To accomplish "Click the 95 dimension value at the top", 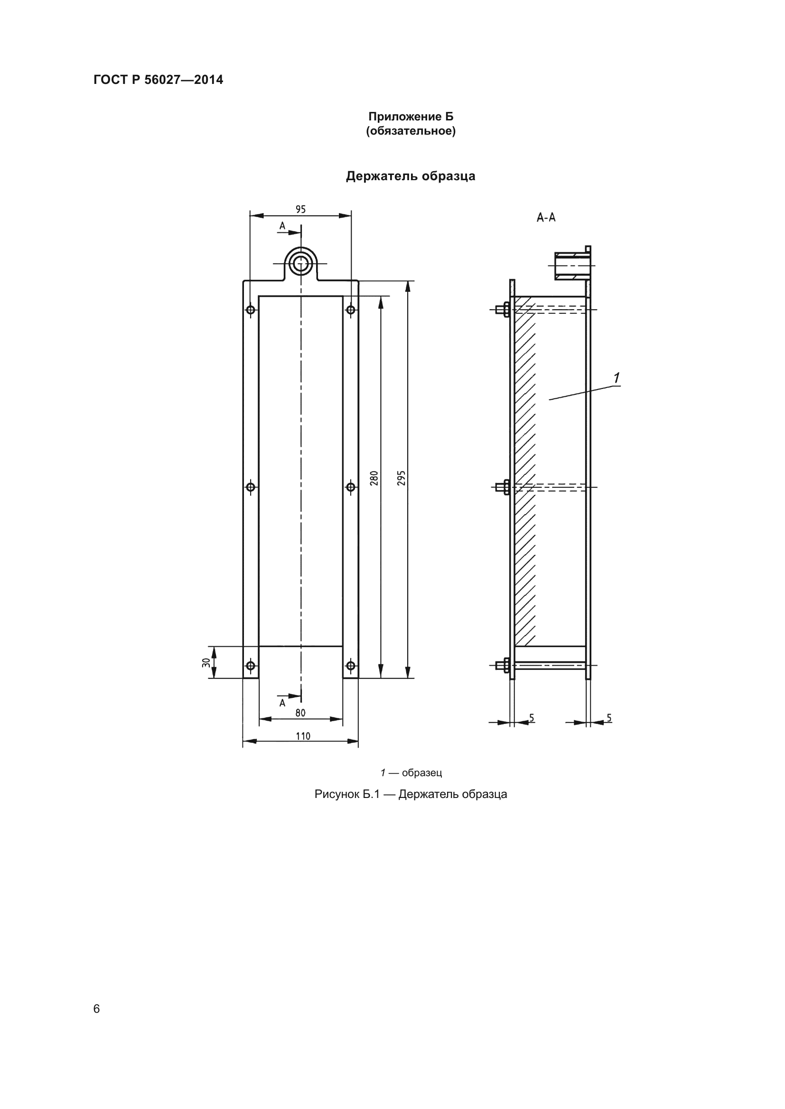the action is coord(300,209).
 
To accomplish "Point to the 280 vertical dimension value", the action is coord(374,478).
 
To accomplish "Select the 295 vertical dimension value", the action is coord(401,478).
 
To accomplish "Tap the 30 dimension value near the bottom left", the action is coord(206,663).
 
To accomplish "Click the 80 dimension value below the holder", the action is coord(300,713).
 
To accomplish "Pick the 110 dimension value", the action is coord(303,736).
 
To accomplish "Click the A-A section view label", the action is coord(546,218).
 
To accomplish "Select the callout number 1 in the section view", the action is coord(617,378).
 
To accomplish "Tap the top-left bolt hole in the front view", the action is coord(251,310).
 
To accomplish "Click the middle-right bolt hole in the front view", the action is coord(351,487).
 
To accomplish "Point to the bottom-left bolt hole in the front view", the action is coord(251,666).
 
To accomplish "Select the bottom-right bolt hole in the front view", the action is coord(351,666).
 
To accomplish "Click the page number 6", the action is coord(97,1008).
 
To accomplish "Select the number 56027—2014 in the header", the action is coord(184,80).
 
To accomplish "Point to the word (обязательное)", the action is coord(411,131).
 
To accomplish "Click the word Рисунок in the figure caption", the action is coord(337,794).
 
